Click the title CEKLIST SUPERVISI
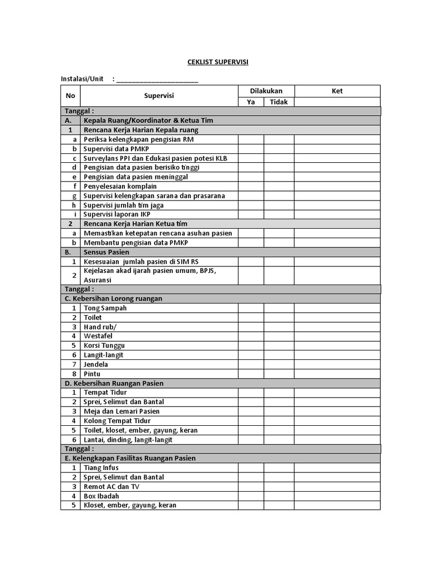(x=217, y=62)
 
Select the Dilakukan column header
(x=266, y=91)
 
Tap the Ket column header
(x=337, y=91)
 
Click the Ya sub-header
(x=251, y=102)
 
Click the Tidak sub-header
(x=279, y=102)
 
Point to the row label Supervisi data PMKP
(x=116, y=149)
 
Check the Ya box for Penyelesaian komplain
(x=251, y=187)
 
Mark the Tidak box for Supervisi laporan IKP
(x=279, y=214)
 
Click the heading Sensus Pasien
(x=106, y=252)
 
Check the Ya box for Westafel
(x=251, y=336)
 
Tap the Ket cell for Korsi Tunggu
(x=337, y=346)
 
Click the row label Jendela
(x=95, y=364)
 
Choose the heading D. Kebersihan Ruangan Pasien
(x=114, y=383)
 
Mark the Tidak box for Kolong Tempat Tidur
(x=279, y=421)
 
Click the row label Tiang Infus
(x=101, y=468)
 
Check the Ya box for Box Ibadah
(x=251, y=496)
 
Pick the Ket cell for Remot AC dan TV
(x=337, y=487)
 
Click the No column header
(x=70, y=96)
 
